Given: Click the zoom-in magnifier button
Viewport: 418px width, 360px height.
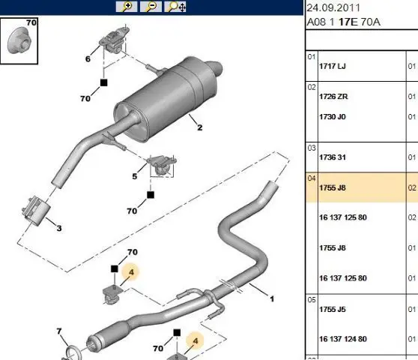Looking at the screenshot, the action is click(x=127, y=7).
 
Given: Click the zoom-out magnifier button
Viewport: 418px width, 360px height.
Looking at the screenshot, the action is click(x=151, y=7).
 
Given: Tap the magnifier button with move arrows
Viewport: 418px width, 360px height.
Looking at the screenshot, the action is click(x=175, y=7).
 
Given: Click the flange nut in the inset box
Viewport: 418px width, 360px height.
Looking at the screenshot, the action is click(x=19, y=40).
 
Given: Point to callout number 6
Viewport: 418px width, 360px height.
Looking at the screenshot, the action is click(x=88, y=58).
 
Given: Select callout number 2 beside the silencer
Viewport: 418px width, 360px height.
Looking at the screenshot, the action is click(x=200, y=127).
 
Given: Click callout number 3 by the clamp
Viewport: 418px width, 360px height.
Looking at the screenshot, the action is click(x=59, y=228).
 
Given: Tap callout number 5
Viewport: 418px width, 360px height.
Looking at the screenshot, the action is click(x=135, y=176).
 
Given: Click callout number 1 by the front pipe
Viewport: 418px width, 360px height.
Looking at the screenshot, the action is click(x=272, y=299).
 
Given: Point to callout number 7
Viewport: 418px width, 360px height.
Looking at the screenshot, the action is click(x=59, y=331).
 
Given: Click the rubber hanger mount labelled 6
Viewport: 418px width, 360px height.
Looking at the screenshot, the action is click(x=114, y=40).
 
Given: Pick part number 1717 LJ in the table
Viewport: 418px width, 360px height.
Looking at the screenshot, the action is click(x=333, y=66).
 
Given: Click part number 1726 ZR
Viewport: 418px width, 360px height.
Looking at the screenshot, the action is click(x=333, y=97).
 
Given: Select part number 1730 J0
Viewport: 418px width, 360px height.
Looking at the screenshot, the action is click(x=333, y=117).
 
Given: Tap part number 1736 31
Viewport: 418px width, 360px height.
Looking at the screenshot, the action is click(x=333, y=157).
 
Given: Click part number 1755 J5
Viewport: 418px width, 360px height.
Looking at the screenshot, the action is click(x=333, y=310).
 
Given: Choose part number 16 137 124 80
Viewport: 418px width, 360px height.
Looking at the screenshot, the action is click(x=343, y=339).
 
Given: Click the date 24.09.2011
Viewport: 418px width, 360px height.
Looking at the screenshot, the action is click(x=333, y=7).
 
